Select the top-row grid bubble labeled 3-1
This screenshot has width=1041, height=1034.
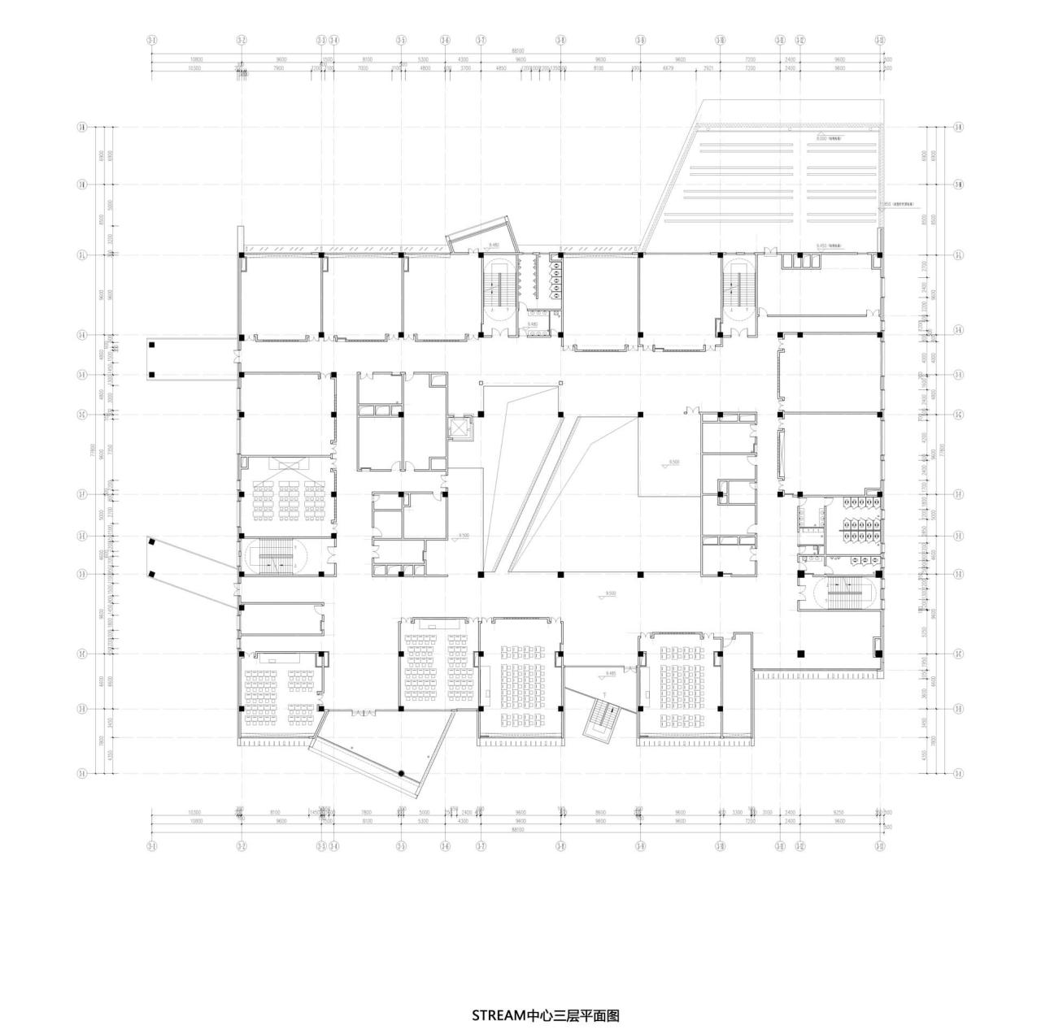click(151, 39)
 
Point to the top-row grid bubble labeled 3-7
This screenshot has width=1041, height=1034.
click(481, 39)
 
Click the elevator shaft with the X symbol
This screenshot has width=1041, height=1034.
click(459, 427)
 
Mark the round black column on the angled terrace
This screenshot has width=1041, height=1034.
click(401, 773)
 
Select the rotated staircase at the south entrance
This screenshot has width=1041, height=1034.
click(603, 719)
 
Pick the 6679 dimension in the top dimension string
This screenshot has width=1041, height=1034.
click(669, 69)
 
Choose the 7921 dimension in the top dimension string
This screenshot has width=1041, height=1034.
click(708, 69)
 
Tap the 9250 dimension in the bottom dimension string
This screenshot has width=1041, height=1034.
click(838, 812)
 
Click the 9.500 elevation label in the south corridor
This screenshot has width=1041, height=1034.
click(610, 593)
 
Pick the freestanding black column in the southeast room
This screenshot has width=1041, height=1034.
click(801, 653)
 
